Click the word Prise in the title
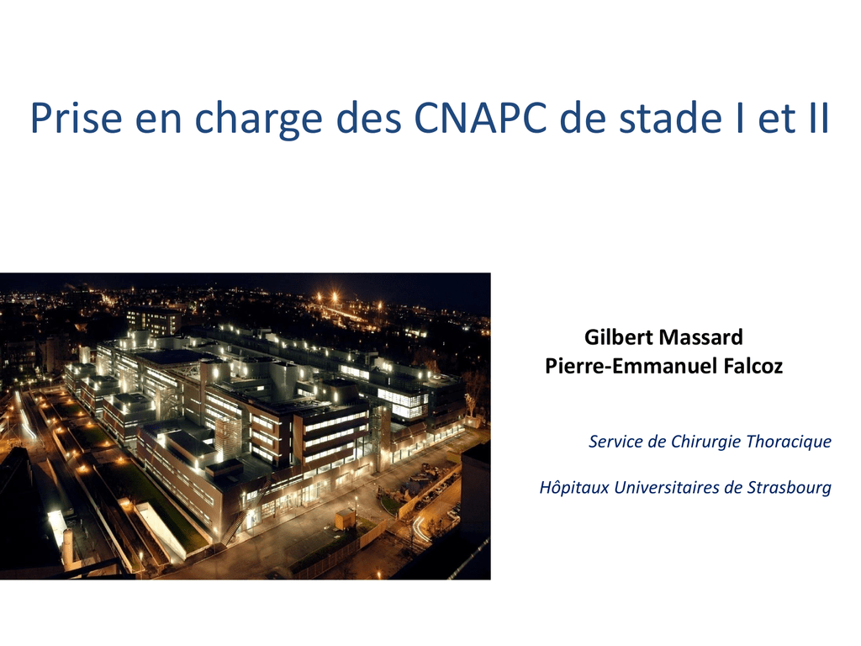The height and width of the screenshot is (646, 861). tap(76, 117)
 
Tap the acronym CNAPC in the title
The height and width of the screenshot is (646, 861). tap(480, 117)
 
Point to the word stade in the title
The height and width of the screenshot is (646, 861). tap(670, 117)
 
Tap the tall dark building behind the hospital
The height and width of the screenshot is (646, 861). tap(153, 322)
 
